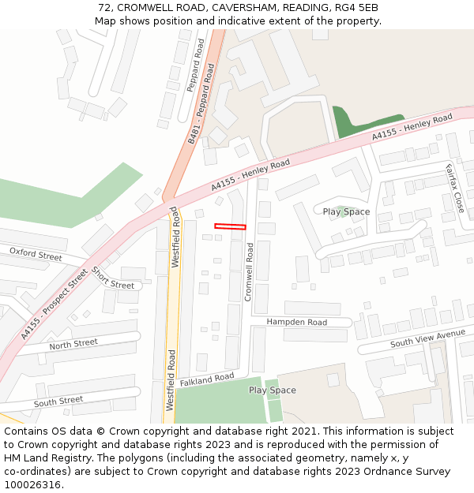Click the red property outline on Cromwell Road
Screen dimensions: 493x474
(230, 227)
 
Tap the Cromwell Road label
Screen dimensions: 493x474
(248, 271)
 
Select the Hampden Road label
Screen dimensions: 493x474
(296, 322)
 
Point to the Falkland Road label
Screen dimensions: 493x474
(207, 379)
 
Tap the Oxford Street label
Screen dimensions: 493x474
(36, 254)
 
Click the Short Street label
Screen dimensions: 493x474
(112, 278)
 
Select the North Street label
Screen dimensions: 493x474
(73, 344)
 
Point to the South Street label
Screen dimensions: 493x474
(58, 401)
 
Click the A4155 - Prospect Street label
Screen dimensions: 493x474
(55, 304)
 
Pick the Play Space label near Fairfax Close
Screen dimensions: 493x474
(346, 211)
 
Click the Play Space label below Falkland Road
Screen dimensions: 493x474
(273, 390)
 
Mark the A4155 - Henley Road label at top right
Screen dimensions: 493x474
(412, 128)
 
